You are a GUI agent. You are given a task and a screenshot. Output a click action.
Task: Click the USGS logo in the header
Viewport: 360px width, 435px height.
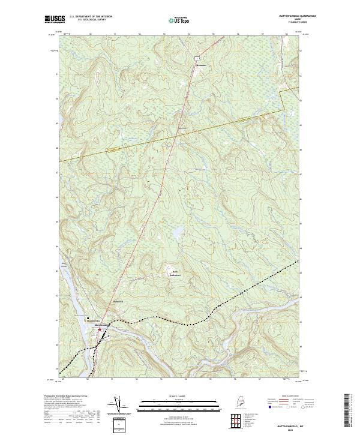tap(55, 19)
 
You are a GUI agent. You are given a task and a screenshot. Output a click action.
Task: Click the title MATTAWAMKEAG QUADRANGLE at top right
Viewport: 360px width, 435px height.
tap(292, 16)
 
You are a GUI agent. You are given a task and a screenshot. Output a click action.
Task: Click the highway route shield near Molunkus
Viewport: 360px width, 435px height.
tap(196, 57)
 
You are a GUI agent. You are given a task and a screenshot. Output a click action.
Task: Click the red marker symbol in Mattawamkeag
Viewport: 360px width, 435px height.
tap(99, 329)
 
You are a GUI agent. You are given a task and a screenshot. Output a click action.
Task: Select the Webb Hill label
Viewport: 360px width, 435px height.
tap(118, 301)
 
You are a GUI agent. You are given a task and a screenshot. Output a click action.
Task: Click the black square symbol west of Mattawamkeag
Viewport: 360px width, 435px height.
tap(88, 318)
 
